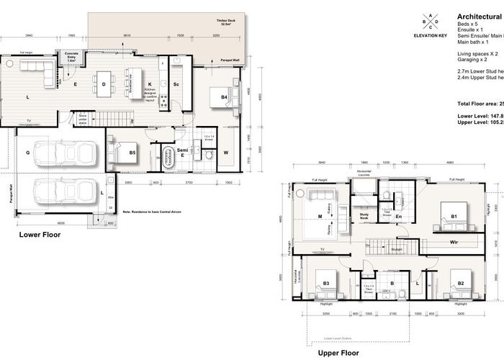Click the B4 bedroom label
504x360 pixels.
[225, 96]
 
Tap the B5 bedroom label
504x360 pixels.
[132, 153]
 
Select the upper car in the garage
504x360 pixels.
[66, 156]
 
